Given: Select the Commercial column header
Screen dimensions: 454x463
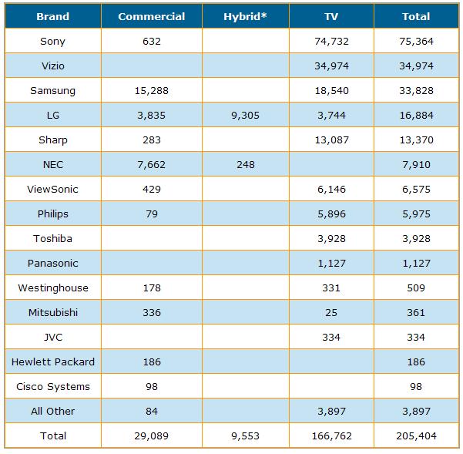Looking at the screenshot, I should point(152,16).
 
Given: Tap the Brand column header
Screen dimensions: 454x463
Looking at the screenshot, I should point(52,16).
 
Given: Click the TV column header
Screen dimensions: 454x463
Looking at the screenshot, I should point(330,16).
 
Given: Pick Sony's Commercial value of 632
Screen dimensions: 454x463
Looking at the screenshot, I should point(152,41).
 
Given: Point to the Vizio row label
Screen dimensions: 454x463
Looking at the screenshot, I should point(52,66).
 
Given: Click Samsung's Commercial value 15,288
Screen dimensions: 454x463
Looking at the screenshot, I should point(152,90).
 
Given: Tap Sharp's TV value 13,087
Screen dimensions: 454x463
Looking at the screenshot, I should point(330,140).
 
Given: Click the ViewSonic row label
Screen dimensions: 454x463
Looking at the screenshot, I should point(52,189).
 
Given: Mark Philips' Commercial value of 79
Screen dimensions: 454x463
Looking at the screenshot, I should point(152,214).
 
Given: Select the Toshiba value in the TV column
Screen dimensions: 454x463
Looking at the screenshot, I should point(330,238).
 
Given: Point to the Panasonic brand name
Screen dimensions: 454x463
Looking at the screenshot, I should point(52,263).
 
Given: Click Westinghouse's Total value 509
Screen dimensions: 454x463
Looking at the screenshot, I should point(416,288).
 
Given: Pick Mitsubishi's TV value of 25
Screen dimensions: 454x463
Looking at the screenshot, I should point(330,312).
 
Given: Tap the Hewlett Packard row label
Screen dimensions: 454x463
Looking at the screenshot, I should point(52,362).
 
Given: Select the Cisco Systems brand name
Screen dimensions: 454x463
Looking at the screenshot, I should point(52,386).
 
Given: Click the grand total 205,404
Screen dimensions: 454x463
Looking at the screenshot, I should point(416,436).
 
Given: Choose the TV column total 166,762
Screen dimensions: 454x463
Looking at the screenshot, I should point(330,436).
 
